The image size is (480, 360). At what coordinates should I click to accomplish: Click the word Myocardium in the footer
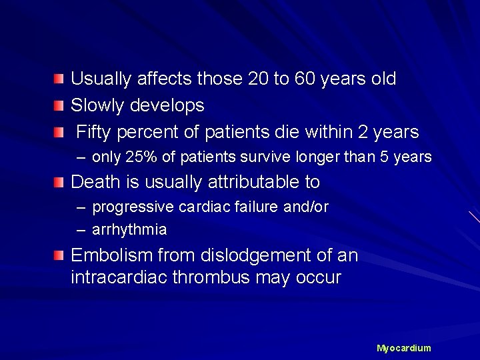[404, 348]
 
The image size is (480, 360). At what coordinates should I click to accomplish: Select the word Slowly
[96, 105]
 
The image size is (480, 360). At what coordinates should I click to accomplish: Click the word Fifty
[96, 132]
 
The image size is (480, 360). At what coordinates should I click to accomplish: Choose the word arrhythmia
[129, 230]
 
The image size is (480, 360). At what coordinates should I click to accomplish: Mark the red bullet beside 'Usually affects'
[60, 79]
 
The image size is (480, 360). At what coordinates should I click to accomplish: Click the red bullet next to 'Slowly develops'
[60, 106]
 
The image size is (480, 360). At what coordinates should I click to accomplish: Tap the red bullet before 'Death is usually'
[60, 182]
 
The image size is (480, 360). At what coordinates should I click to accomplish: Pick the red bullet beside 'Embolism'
[60, 256]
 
